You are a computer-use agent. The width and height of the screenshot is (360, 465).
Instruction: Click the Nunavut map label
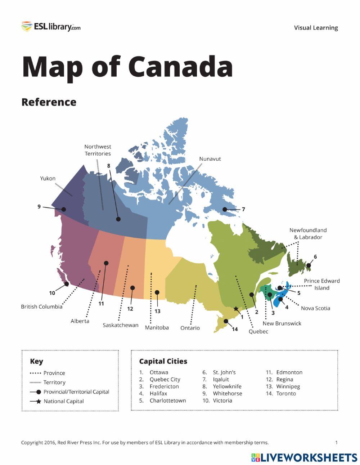210,159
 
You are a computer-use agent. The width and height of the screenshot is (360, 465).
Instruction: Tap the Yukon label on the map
48,178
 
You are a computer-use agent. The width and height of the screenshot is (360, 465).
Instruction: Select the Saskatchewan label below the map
121,325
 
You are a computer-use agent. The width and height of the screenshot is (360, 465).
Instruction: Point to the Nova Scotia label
315,308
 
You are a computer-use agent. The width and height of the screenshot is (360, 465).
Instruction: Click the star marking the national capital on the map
236,309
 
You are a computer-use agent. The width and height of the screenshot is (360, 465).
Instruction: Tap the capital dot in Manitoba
157,292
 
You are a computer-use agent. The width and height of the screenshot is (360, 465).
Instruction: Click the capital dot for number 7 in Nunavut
225,209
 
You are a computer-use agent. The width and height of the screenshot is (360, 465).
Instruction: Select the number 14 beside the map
235,329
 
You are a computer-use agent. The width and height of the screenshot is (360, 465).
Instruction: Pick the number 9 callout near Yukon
39,206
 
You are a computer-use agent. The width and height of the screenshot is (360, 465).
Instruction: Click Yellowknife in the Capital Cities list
227,386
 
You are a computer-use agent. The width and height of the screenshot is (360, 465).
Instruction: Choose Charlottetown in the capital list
168,401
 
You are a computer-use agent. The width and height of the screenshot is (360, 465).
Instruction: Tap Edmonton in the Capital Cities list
289,372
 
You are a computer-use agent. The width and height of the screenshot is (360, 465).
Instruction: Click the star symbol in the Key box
39,401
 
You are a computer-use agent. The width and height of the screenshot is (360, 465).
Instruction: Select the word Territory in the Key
54,383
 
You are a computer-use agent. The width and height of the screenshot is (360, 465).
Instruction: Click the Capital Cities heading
163,361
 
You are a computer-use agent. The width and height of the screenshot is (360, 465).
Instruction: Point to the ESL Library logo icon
27,27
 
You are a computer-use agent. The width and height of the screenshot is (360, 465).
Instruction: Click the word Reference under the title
49,102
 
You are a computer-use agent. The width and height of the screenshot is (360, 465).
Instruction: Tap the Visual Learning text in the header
316,28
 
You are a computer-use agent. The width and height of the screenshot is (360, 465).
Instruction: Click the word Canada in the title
180,67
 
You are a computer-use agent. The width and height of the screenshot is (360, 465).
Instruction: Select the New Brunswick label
282,323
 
